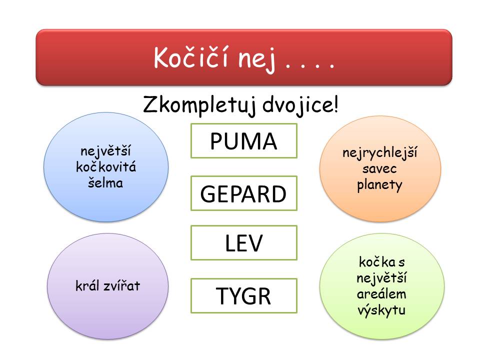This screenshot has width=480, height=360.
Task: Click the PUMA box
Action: pos(243,141)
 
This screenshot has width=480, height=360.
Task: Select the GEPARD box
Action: pos(243,193)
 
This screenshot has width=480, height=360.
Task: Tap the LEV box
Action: pos(243,243)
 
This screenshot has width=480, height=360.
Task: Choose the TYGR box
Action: pos(243,295)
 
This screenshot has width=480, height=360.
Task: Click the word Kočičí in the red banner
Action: pos(190,57)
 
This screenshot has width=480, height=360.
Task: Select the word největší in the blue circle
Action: pos(105,151)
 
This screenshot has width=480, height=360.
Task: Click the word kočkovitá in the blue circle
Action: pos(106,167)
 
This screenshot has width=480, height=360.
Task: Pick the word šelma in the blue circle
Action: pos(105,182)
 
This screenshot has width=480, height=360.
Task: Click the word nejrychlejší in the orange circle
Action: pos(379,152)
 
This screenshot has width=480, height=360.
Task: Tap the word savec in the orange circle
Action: pos(379,168)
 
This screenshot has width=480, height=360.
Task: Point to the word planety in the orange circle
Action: pos(379,185)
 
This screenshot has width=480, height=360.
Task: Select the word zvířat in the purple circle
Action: pos(122,285)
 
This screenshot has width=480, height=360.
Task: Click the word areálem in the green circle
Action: pos(381,294)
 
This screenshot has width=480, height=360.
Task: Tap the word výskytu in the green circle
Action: pos(381,310)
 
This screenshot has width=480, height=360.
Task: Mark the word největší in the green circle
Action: pos(381,278)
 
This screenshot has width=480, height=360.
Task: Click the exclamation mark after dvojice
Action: pos(336,104)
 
